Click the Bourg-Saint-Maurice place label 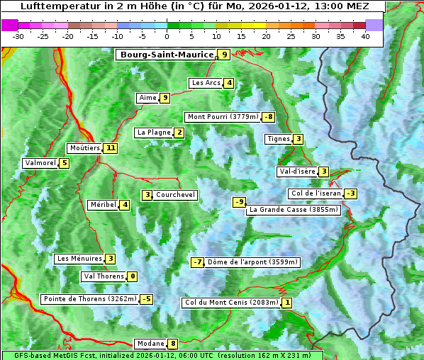pyautogui.click(x=167, y=55)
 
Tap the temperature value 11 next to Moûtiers pyautogui.click(x=110, y=148)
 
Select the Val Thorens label pyautogui.click(x=104, y=276)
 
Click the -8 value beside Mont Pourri pyautogui.click(x=267, y=117)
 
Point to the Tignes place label pyautogui.click(x=278, y=139)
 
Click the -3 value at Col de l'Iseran pyautogui.click(x=350, y=193)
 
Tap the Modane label pyautogui.click(x=150, y=344)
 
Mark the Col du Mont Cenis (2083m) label pyautogui.click(x=230, y=303)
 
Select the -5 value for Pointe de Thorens pyautogui.click(x=146, y=299)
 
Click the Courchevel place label pyautogui.click(x=176, y=195)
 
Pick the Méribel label pyautogui.click(x=103, y=205)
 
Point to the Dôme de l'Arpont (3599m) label pyautogui.click(x=252, y=262)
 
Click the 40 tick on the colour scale pyautogui.click(x=365, y=35)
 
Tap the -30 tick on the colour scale pyautogui.click(x=18, y=35)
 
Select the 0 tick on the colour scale pyautogui.click(x=167, y=35)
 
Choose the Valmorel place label pyautogui.click(x=40, y=163)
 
